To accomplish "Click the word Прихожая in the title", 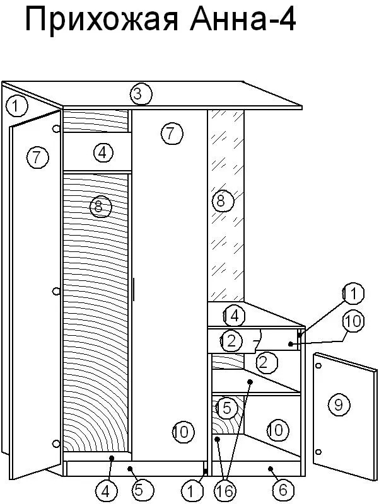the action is [x=102, y=21].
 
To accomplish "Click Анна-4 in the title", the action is [x=243, y=20].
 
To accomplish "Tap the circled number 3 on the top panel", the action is [x=141, y=94].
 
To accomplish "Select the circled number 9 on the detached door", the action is [x=339, y=404].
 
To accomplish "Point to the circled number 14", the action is [x=234, y=316].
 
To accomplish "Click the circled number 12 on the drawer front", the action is [x=231, y=341].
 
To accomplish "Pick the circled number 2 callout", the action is [x=266, y=363].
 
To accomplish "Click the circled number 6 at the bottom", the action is [x=283, y=490].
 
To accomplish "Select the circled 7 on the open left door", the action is [x=38, y=157].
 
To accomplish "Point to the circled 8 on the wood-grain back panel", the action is [x=101, y=207].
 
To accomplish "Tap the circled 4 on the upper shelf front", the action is [x=103, y=152].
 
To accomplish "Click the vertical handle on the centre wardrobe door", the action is [x=133, y=289].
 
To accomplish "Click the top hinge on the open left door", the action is [x=56, y=129].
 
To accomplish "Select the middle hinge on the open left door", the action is [x=56, y=291].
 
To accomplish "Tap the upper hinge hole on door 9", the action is [x=318, y=366].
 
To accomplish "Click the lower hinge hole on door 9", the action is [x=318, y=452].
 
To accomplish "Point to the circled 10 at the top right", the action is [x=353, y=321].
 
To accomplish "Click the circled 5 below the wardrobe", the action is [x=138, y=490].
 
